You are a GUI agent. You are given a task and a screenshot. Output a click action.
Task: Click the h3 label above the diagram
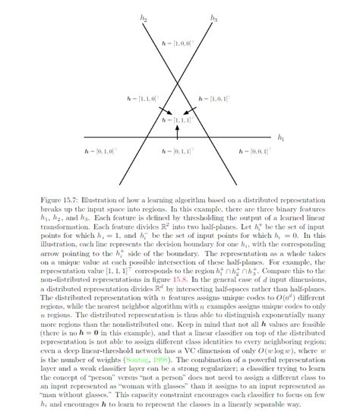coord(214,16)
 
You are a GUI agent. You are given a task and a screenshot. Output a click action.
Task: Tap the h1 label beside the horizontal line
coord(281,138)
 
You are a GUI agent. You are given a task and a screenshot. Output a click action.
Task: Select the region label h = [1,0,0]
coord(179,44)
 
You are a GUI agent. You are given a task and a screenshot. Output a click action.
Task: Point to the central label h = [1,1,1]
coord(178,119)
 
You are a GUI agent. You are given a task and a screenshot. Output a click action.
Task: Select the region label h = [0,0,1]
coord(255,153)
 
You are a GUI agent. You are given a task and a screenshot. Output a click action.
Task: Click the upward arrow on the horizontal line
coord(177,130)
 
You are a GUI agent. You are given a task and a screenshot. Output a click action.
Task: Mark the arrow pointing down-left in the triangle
coord(194,111)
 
